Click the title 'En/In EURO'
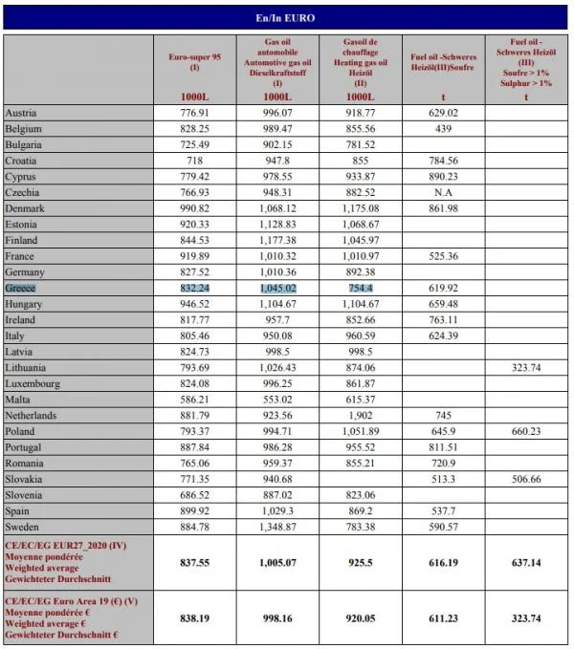tap(286, 18)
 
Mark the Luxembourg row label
tap(33, 383)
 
